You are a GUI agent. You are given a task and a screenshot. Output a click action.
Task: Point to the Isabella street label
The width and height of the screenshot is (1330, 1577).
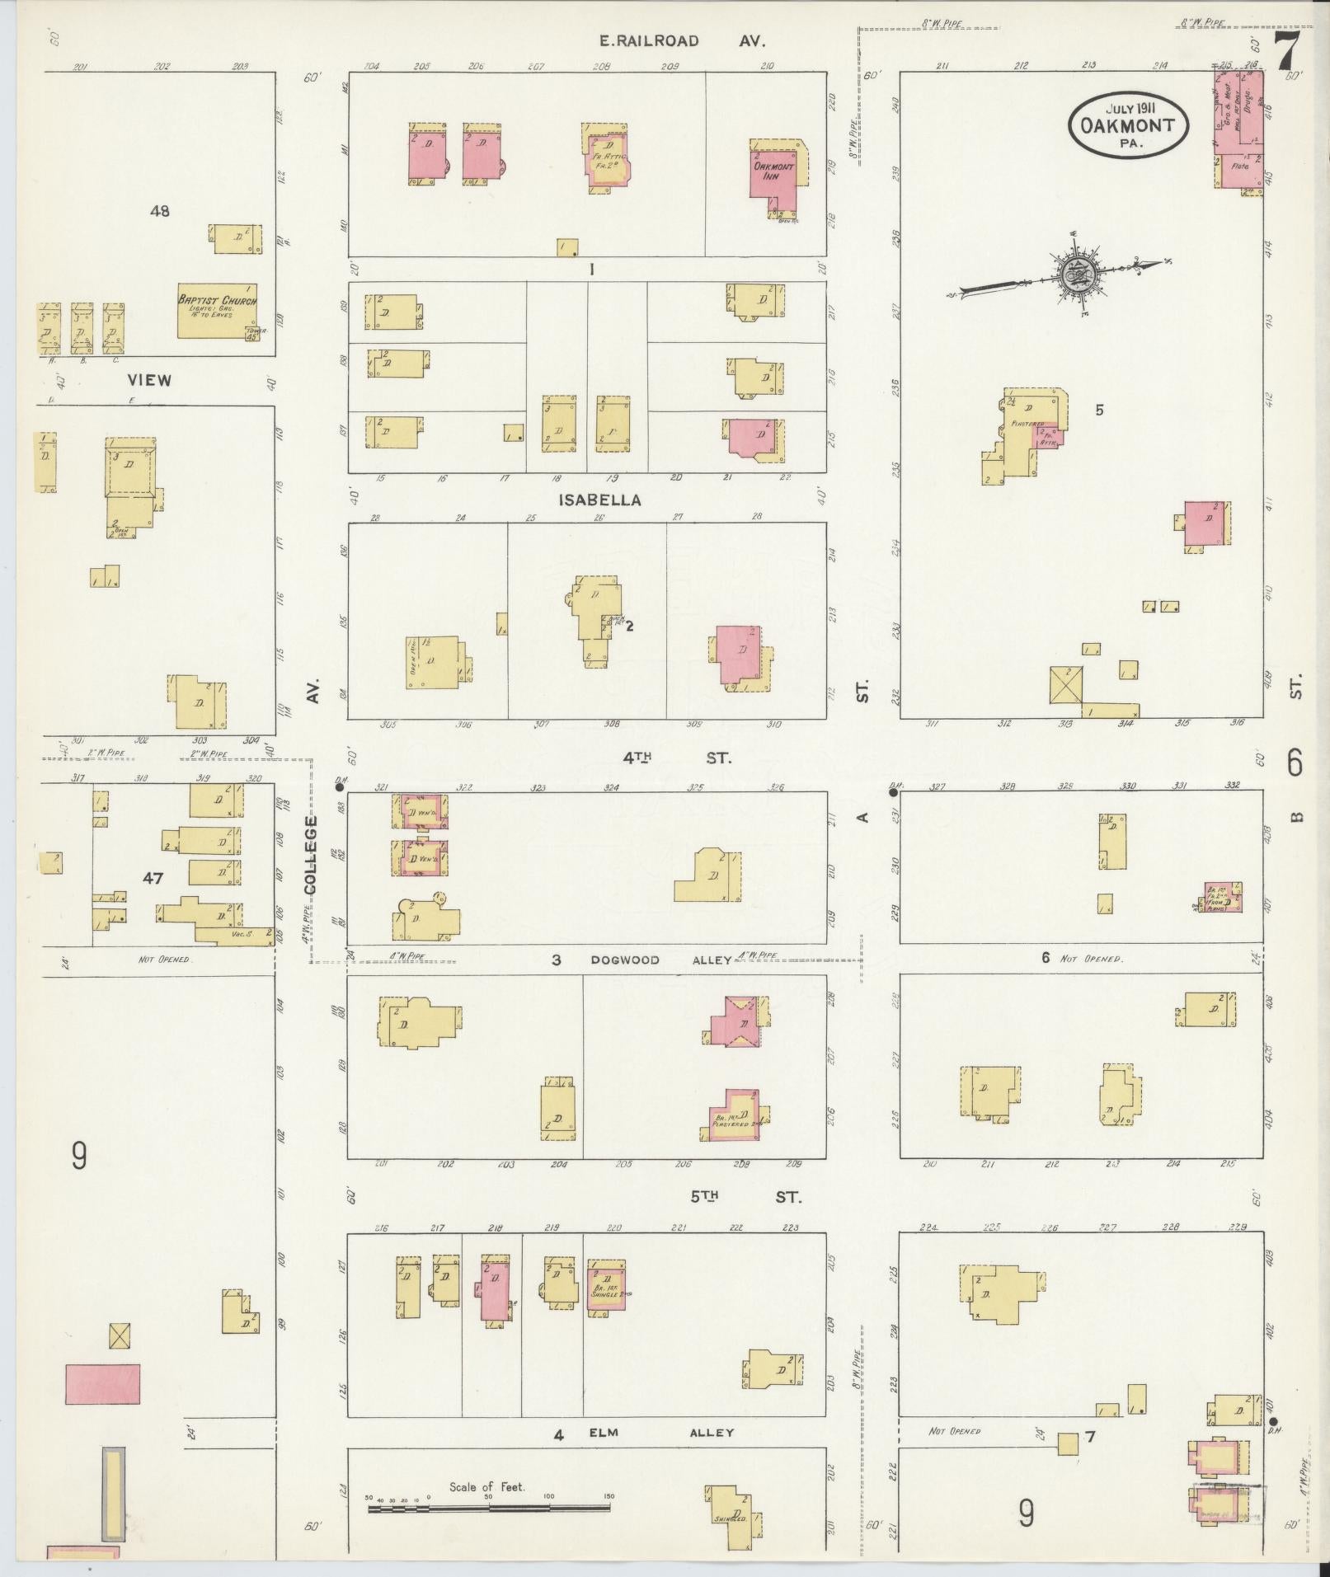599,500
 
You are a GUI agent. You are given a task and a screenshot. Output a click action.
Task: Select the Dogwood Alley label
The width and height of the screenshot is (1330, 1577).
661,960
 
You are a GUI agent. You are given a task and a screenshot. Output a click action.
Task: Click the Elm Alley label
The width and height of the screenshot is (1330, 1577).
673,1433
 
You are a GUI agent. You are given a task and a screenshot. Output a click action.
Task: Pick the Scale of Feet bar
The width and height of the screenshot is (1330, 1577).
488,1508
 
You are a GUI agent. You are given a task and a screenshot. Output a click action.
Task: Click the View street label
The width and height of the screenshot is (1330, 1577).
150,380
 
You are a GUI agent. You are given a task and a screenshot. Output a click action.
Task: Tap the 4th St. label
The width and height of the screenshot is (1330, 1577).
676,757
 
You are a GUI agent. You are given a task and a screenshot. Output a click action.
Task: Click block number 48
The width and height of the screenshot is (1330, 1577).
159,211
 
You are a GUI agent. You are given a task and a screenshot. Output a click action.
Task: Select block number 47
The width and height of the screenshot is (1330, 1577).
153,879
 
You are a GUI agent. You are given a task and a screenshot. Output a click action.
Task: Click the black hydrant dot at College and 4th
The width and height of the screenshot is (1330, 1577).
339,788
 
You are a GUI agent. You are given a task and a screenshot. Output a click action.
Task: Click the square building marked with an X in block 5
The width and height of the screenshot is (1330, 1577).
1065,685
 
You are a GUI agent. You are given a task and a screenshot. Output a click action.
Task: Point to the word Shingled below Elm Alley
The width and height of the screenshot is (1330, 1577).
731,1518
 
